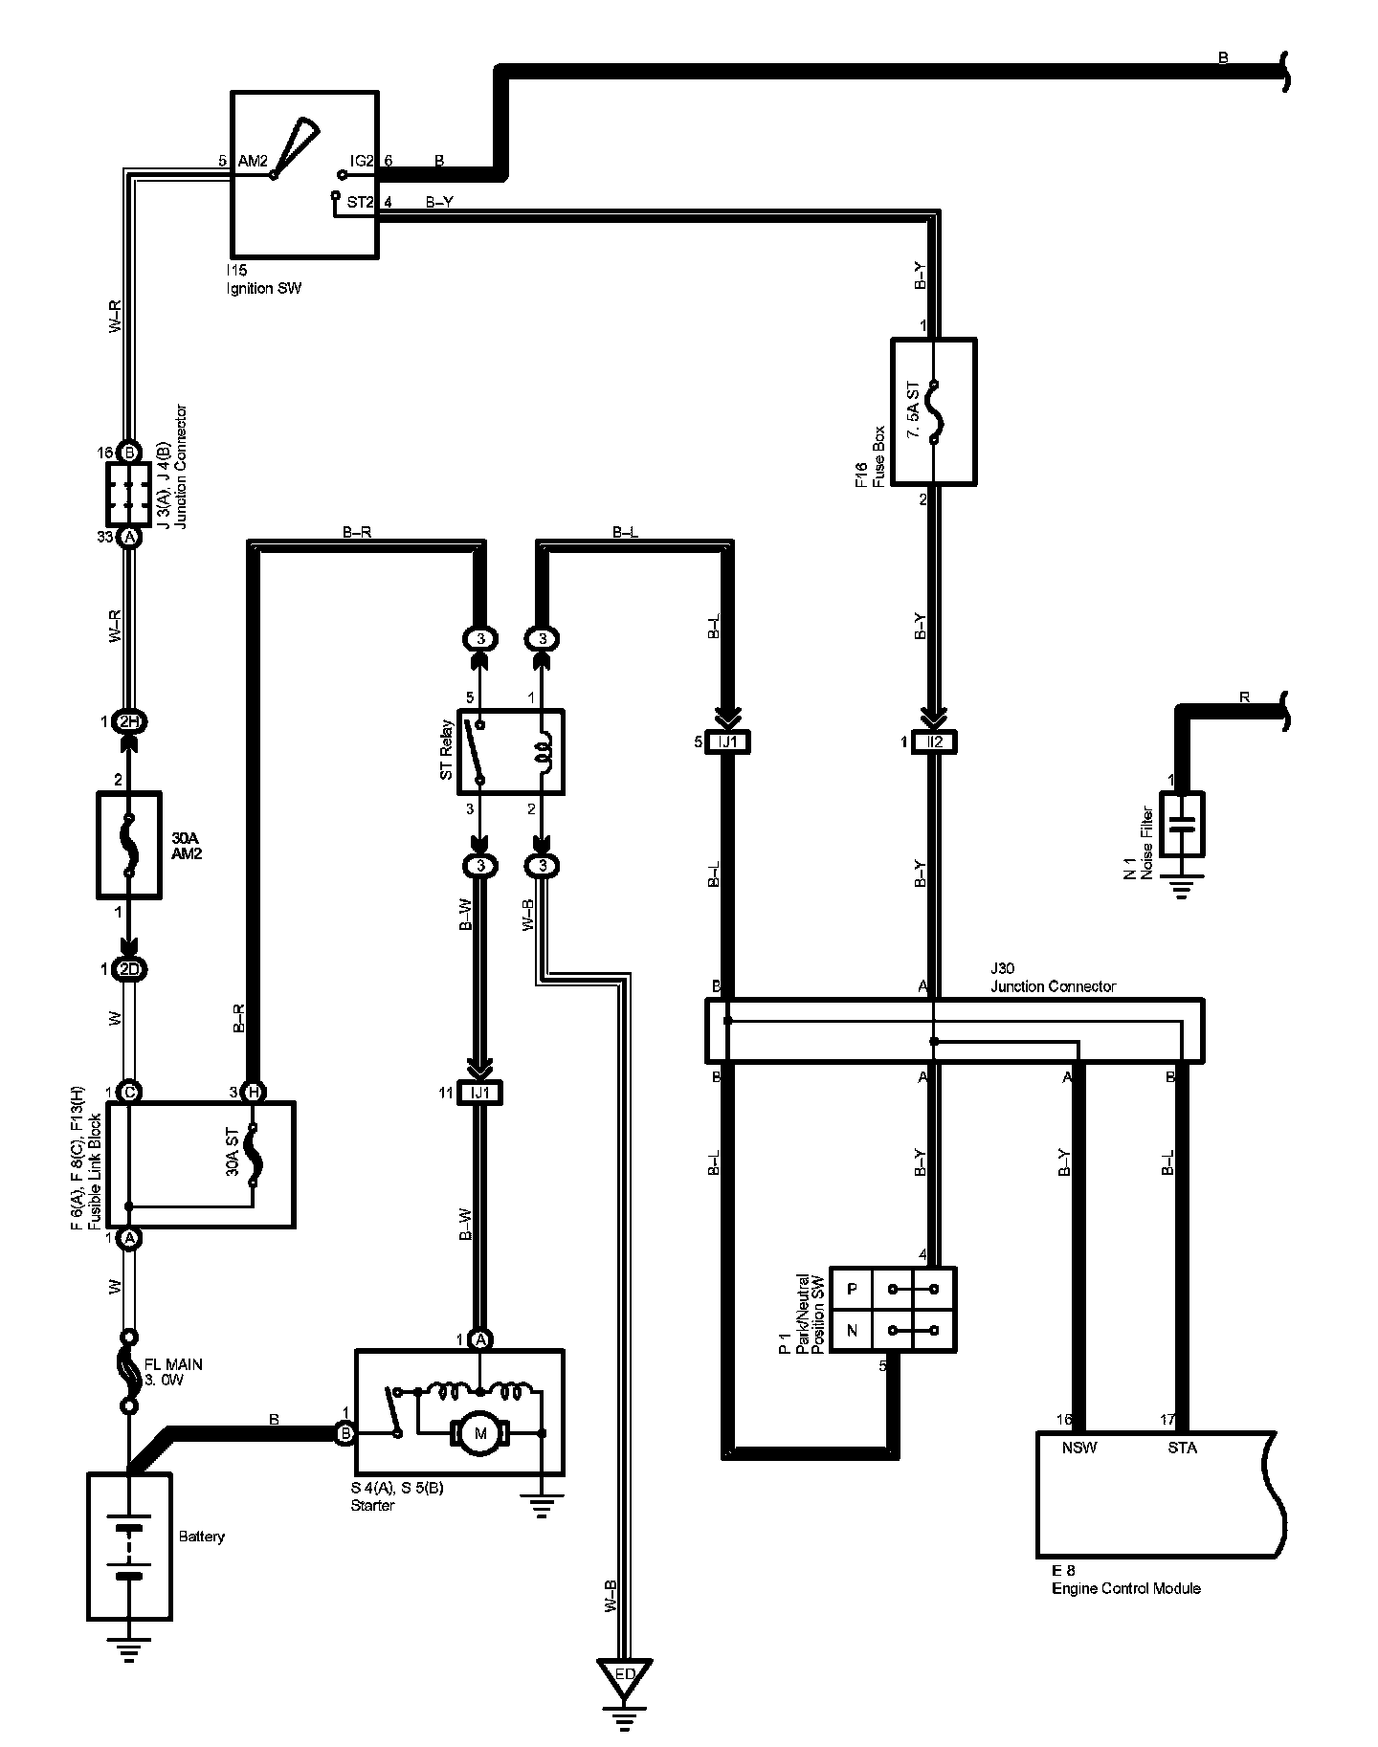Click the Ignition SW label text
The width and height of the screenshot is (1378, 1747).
pos(263,288)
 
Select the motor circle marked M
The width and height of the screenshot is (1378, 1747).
pos(481,1432)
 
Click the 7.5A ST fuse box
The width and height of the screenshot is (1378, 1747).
pos(933,411)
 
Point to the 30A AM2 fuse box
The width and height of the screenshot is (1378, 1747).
pos(129,844)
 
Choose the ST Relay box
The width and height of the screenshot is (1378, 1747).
pos(510,751)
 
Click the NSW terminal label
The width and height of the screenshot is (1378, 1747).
pos(1078,1448)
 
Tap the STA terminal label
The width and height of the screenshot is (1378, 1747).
pos(1182,1448)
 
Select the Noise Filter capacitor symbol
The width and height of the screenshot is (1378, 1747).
pos(1182,823)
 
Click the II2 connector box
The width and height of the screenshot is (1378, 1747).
pos(935,741)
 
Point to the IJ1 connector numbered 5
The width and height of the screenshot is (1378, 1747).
pos(727,741)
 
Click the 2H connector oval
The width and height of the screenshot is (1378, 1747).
pos(128,721)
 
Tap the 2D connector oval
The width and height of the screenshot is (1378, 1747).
pos(128,969)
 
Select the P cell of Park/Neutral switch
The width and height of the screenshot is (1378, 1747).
pos(852,1289)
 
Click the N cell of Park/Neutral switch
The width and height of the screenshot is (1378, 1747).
pos(852,1330)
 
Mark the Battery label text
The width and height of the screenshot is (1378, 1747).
pos(202,1536)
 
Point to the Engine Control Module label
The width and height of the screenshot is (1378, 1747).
pos(1125,1589)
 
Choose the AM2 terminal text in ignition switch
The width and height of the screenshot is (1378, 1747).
pos(252,161)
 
